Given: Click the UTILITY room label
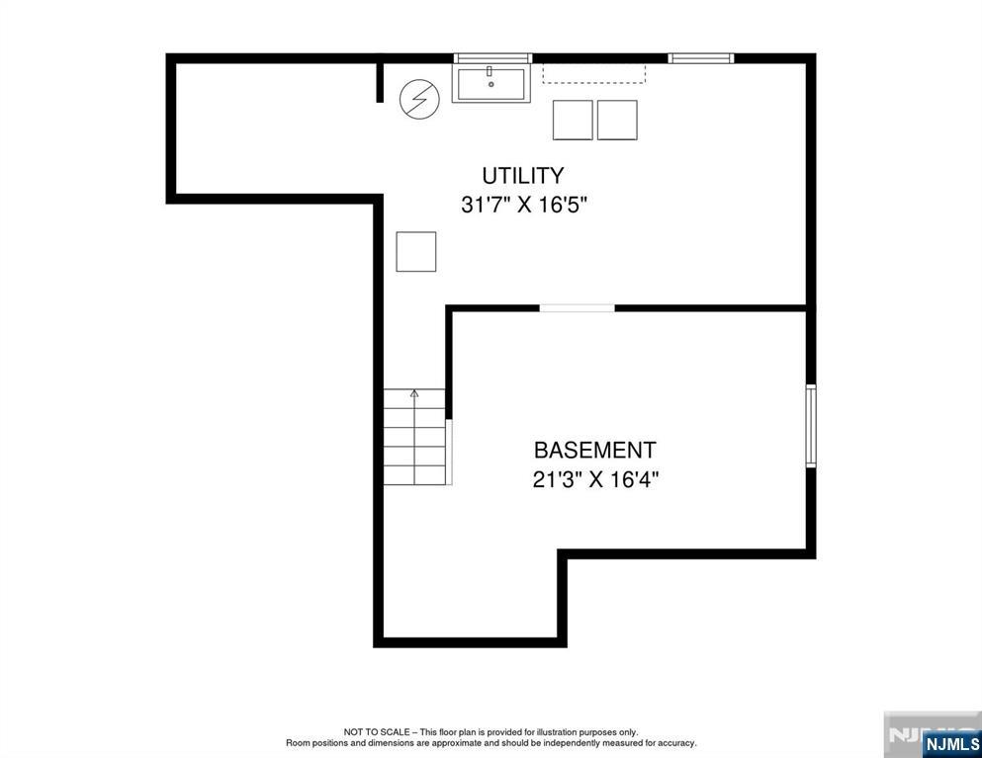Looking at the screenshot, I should click(522, 176).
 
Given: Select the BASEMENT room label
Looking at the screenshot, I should click(594, 451).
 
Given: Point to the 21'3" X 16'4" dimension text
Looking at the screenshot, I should click(594, 480).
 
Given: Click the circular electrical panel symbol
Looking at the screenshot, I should click(418, 99).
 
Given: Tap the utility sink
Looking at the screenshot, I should click(491, 84).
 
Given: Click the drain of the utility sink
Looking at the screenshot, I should click(491, 85).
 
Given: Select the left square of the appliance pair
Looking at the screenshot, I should click(573, 120).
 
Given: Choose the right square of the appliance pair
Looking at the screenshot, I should click(617, 120).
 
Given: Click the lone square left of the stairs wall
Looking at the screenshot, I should click(415, 251).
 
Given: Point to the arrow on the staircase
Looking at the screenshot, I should click(414, 394).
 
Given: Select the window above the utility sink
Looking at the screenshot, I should click(492, 58).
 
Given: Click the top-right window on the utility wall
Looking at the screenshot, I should click(700, 58).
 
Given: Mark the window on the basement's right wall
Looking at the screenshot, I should click(810, 425).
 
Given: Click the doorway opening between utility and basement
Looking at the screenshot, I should click(577, 308).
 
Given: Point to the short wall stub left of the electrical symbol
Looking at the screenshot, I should click(379, 81).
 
